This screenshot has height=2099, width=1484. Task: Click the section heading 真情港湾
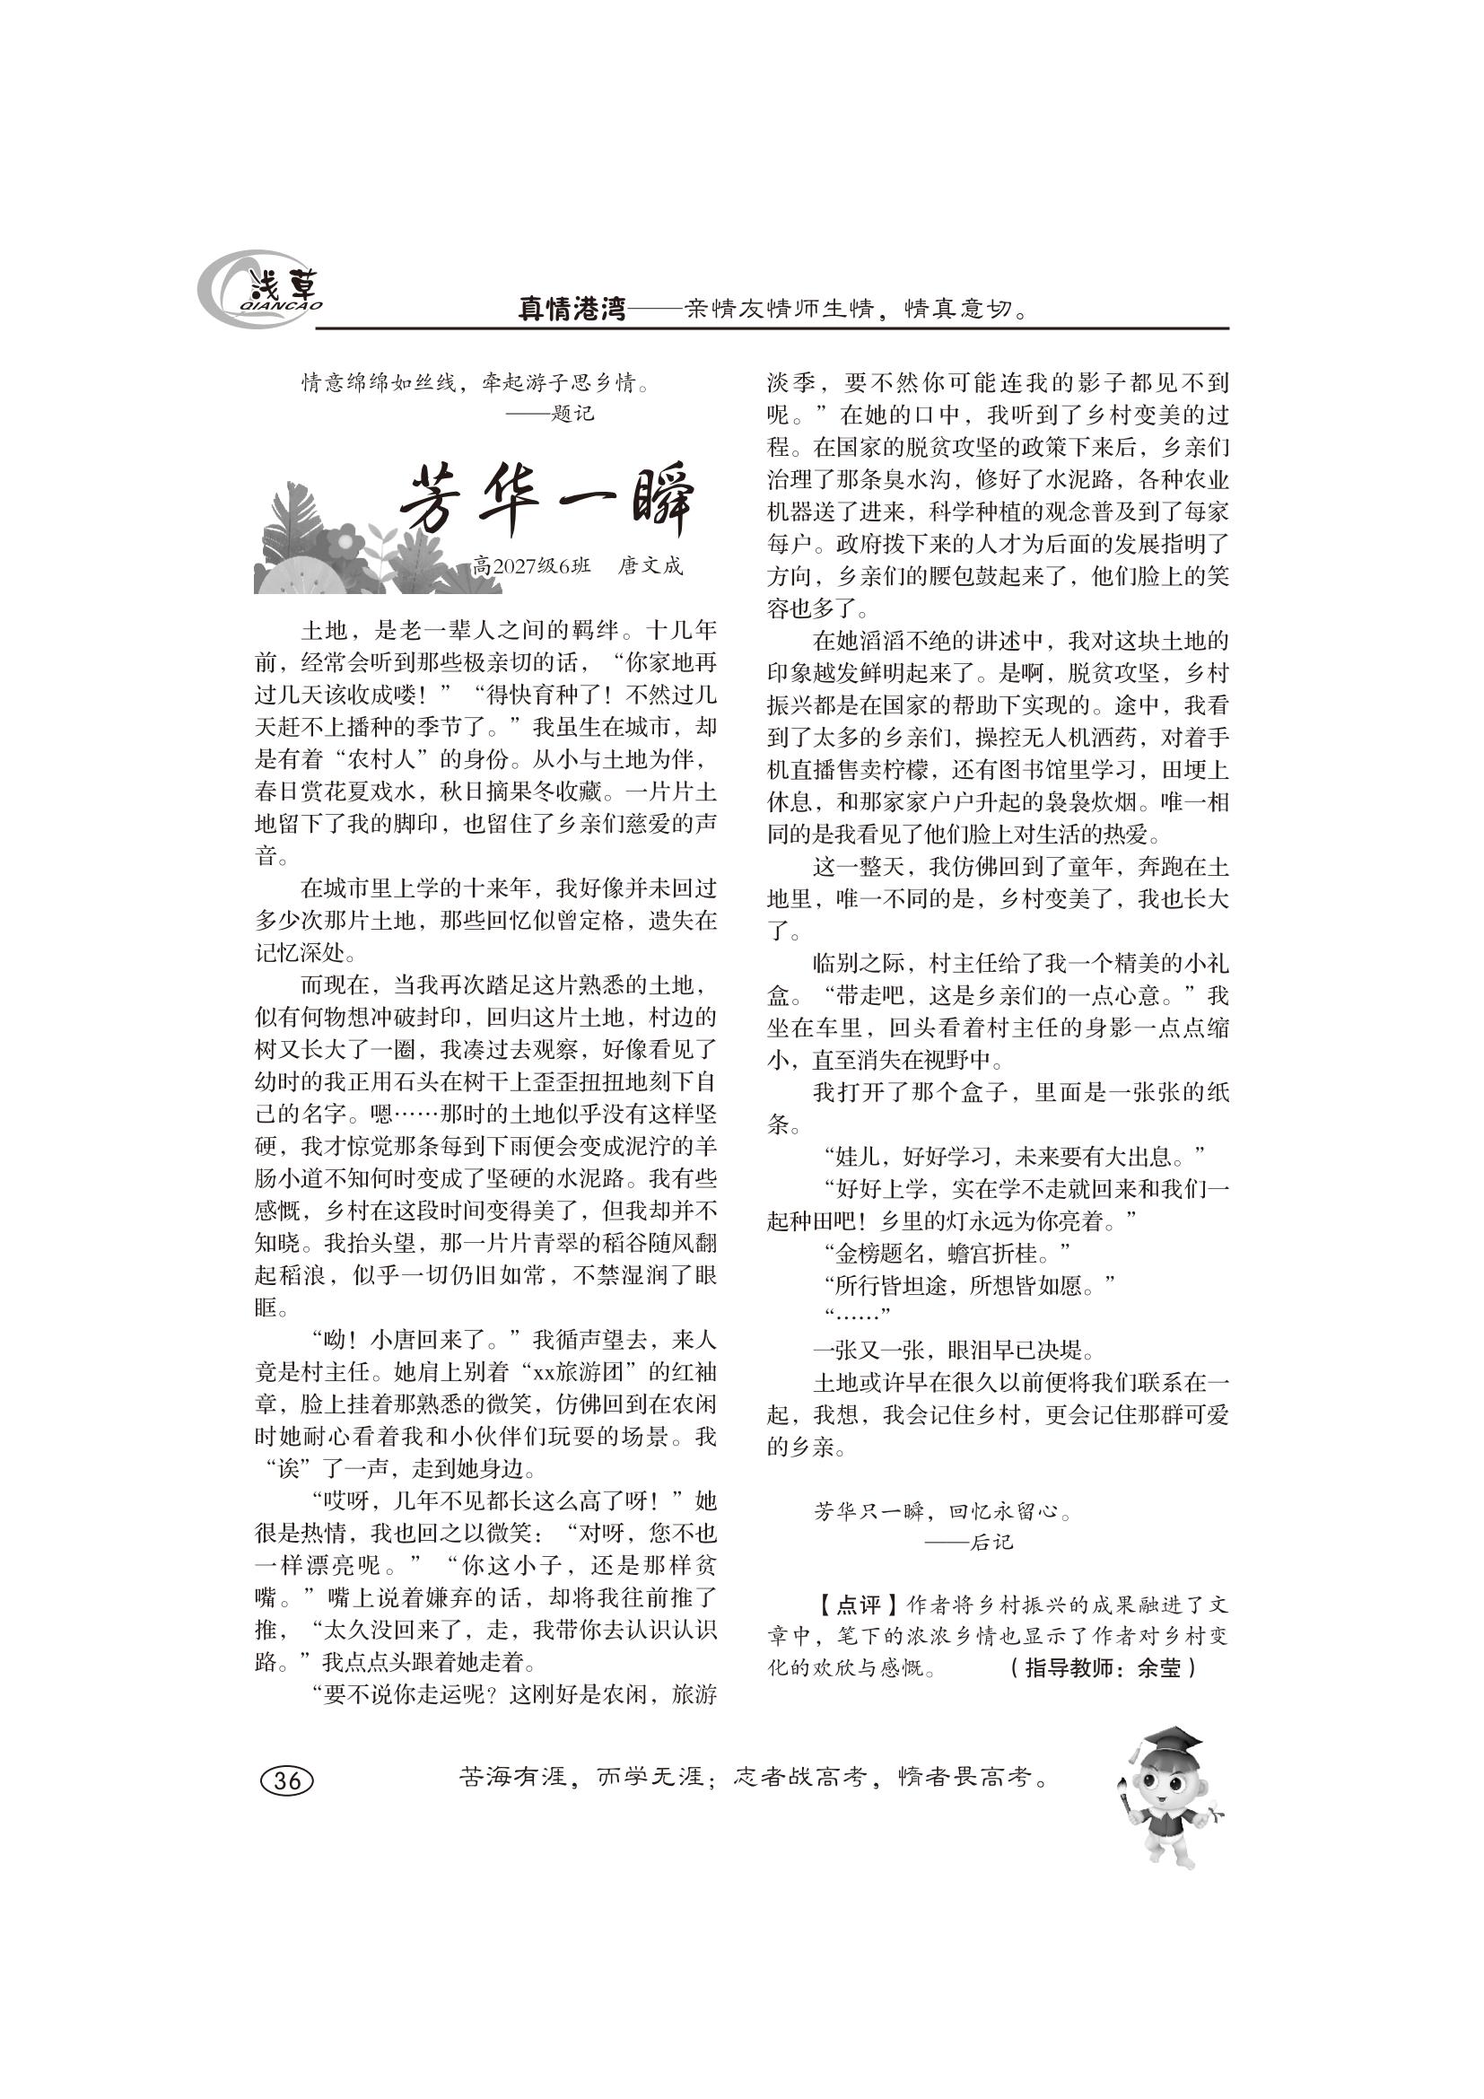click(x=572, y=310)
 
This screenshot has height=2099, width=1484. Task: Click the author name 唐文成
click(x=650, y=566)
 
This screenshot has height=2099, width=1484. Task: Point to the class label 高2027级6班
click(x=532, y=566)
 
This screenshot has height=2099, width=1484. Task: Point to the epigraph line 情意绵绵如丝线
click(x=379, y=383)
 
